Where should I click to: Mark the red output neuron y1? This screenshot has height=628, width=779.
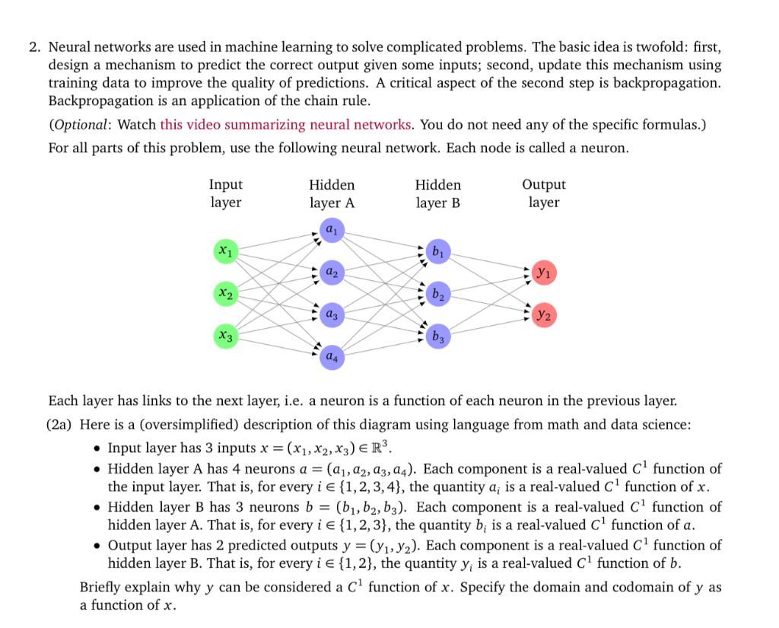click(x=544, y=271)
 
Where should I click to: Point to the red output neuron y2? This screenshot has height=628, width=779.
click(x=544, y=314)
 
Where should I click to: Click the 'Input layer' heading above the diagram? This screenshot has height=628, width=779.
click(x=225, y=193)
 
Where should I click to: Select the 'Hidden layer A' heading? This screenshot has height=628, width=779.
click(x=332, y=193)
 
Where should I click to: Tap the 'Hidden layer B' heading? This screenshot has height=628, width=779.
click(x=438, y=193)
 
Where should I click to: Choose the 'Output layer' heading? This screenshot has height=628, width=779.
click(x=544, y=193)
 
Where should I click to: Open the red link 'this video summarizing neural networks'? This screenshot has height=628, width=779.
click(x=286, y=124)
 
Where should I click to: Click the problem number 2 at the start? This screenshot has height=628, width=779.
click(x=34, y=47)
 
